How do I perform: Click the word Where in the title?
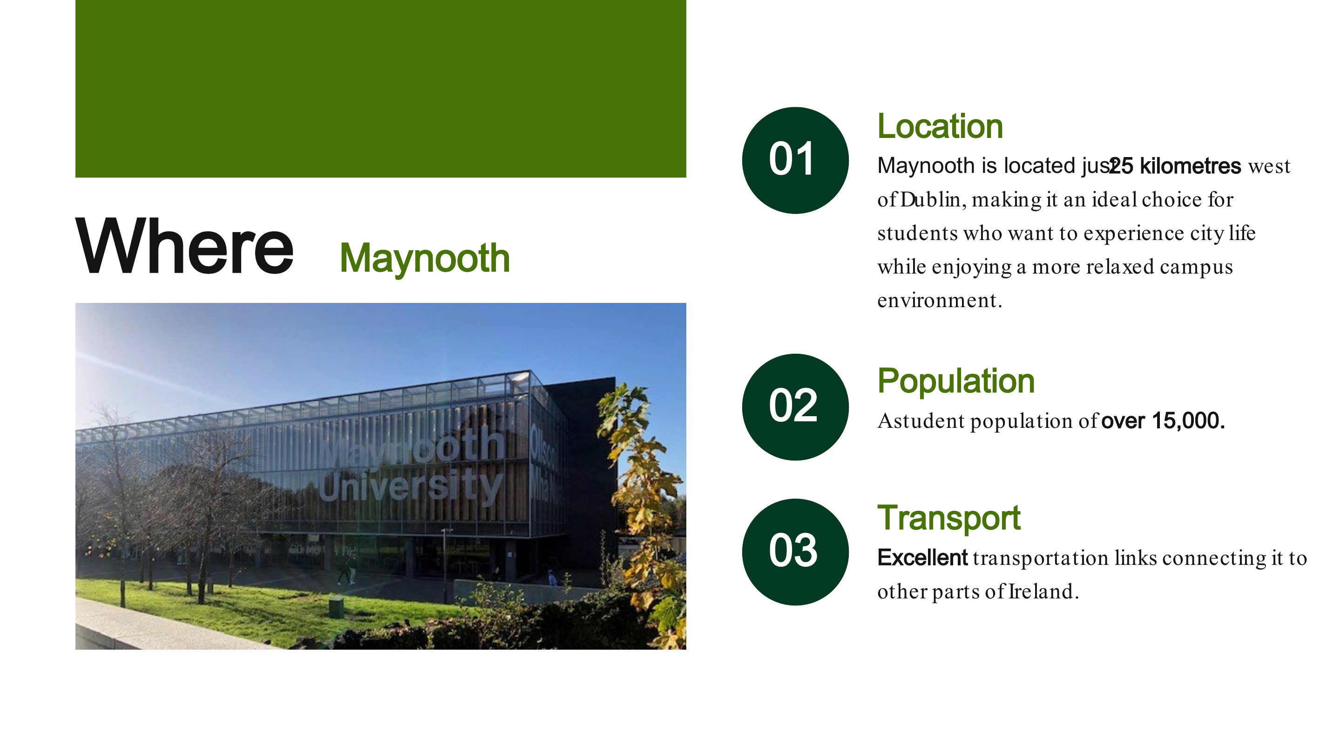185,246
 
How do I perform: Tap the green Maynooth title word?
425,259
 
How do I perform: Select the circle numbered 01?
795,160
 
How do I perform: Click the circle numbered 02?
795,407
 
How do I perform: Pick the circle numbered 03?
795,552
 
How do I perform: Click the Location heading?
940,127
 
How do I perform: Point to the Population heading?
956,381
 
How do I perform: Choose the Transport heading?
949,518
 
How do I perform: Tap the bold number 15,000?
1188,421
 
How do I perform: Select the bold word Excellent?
922,558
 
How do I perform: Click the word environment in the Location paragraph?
939,301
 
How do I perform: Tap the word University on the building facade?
411,487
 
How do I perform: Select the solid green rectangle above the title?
380,89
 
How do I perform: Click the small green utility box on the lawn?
336,607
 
